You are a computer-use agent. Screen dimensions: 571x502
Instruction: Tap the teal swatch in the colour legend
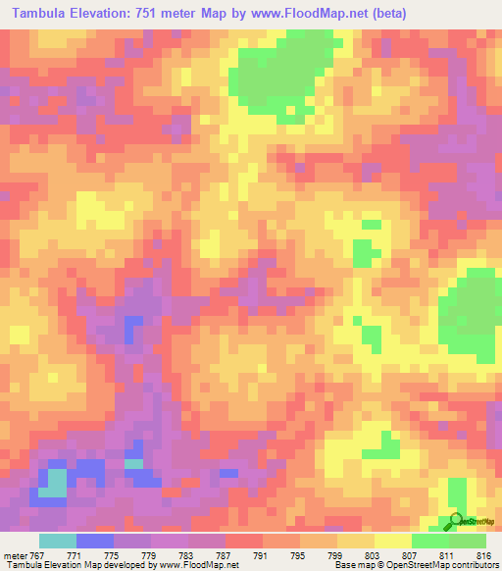coord(57,541)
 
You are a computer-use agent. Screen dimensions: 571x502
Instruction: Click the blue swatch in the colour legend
coord(95,541)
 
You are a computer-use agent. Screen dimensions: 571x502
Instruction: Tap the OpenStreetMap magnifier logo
coord(456,521)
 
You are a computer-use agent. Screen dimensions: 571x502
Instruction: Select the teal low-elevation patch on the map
coord(55,482)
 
